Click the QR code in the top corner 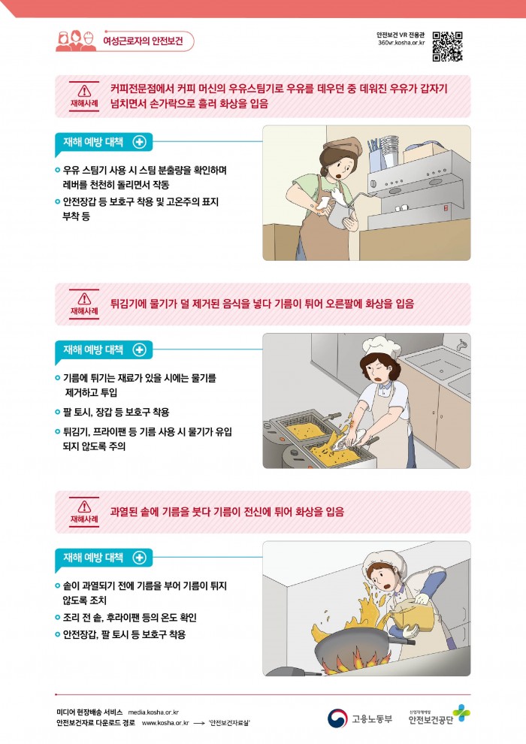coord(447,47)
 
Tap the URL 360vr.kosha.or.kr coord(401,43)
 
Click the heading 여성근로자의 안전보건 coord(143,41)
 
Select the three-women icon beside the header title coord(76,41)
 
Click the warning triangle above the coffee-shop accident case coord(84,91)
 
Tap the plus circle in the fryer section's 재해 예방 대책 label coord(140,349)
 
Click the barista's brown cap coord(342,144)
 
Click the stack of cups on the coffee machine coord(389,150)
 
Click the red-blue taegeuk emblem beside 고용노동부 coord(337,718)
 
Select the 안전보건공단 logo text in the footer coord(431,720)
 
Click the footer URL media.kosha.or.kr coord(153,712)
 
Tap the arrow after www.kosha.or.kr coord(199,723)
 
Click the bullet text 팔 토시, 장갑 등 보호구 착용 coord(116,412)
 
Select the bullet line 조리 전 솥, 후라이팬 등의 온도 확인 coord(129,617)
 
